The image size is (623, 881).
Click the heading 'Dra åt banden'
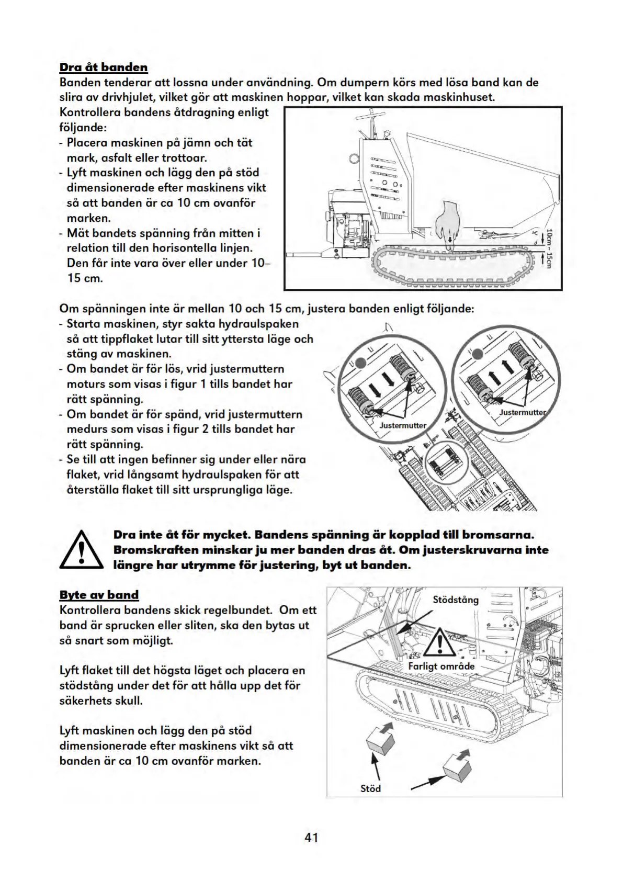[104, 67]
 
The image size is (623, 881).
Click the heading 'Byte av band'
[99, 595]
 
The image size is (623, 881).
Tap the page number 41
[311, 838]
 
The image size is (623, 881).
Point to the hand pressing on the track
[446, 220]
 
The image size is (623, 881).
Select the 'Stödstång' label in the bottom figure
[456, 600]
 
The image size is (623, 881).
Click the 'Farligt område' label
[441, 666]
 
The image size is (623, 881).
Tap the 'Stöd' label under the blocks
[370, 788]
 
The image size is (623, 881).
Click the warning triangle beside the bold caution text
[81, 549]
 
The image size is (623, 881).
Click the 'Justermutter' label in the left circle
[403, 425]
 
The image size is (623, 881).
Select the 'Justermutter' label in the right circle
[522, 412]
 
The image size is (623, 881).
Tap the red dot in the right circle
[476, 355]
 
